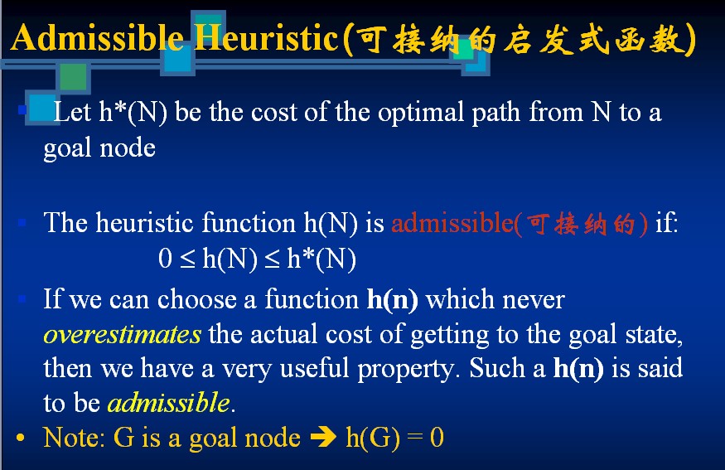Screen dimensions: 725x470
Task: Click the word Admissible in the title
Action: pos(97,37)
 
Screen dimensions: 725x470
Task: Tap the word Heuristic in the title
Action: pos(266,37)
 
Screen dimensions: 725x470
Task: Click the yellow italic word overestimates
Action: pos(122,334)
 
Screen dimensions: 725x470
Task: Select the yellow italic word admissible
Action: pos(168,402)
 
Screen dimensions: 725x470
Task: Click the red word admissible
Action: pos(452,223)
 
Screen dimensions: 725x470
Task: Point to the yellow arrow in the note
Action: pos(323,437)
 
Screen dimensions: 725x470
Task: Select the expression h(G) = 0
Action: pos(395,438)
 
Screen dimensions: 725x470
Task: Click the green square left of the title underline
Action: pos(73,76)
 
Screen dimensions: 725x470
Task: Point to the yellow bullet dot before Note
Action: pos(20,438)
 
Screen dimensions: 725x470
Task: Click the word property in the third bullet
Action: pos(405,370)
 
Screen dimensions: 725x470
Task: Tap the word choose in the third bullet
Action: pos(197,299)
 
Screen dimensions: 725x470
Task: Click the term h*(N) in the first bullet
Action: pos(133,113)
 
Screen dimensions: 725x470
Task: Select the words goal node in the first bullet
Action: pos(99,149)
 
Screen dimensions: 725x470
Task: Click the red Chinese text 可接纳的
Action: pos(581,224)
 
